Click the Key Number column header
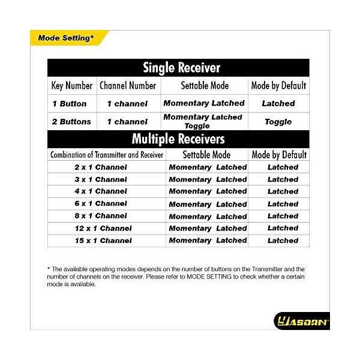point(71,85)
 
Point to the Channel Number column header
point(127,85)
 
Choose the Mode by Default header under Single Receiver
point(278,85)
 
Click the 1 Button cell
point(70,104)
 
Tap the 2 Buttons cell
point(71,122)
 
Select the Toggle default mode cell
point(278,122)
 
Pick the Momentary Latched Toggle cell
point(203,122)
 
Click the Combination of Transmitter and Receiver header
point(107,155)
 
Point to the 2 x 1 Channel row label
point(101,167)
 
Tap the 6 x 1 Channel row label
point(101,203)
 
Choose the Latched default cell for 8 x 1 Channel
point(283,216)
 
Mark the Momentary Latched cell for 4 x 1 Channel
point(208,191)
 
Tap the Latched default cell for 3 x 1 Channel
point(283,179)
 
